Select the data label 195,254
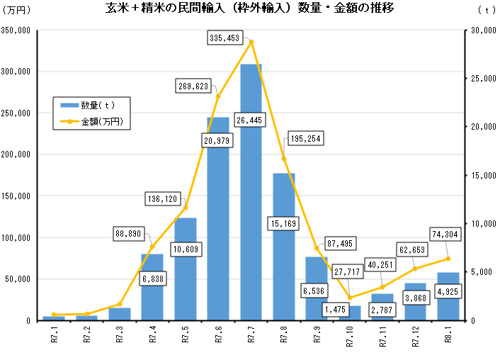(x=305, y=140)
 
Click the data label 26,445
(x=251, y=120)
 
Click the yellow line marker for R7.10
(x=350, y=298)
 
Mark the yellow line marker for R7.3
(x=120, y=304)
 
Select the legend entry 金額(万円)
(x=94, y=121)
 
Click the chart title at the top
(x=249, y=10)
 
